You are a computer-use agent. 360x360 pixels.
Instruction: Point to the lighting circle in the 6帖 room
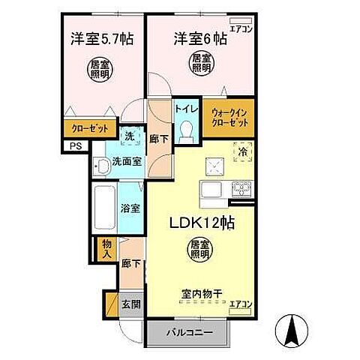click(x=199, y=63)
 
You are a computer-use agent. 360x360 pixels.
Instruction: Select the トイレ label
click(x=186, y=109)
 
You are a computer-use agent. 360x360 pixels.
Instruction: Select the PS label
click(x=75, y=146)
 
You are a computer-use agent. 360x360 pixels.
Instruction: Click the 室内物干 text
click(x=198, y=293)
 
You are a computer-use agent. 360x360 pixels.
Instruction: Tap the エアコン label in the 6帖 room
click(x=242, y=29)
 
